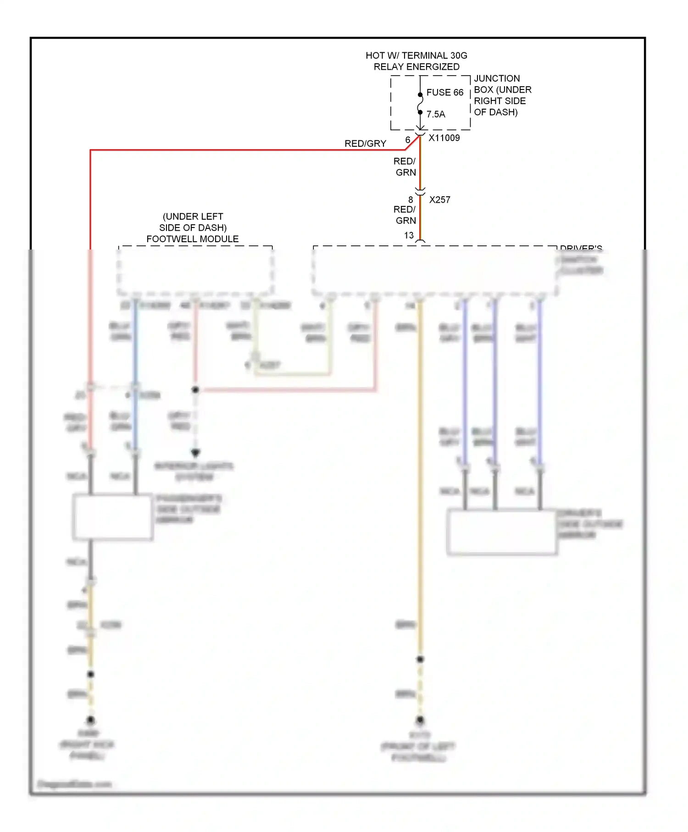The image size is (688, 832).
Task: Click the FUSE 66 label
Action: coord(444,93)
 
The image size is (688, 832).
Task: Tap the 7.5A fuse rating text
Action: coord(436,114)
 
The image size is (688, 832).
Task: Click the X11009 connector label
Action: coord(444,138)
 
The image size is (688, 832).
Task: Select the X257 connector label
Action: coord(439,200)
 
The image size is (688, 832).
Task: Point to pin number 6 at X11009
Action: coord(407,140)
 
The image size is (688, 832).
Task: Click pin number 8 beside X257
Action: coord(411,200)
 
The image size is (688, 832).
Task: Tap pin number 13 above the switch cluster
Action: coord(409,235)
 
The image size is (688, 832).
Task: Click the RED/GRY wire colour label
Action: coord(365,144)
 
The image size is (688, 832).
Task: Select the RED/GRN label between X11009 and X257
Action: coord(405,167)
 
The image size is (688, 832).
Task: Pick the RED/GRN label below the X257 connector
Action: coord(405,215)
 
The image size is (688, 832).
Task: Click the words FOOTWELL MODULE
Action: coord(192,239)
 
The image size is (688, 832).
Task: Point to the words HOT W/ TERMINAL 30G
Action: coord(416,55)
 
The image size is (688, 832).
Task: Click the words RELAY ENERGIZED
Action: coord(416,67)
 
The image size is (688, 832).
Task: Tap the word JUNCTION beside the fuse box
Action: coord(497,78)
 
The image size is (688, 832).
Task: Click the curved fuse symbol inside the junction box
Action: coord(420,104)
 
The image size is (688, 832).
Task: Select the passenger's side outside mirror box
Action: coord(112,516)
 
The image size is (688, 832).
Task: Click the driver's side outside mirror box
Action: coord(502,532)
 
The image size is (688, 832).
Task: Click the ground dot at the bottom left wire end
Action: coord(91,720)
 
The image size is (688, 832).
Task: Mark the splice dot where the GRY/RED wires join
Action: coord(195,390)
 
